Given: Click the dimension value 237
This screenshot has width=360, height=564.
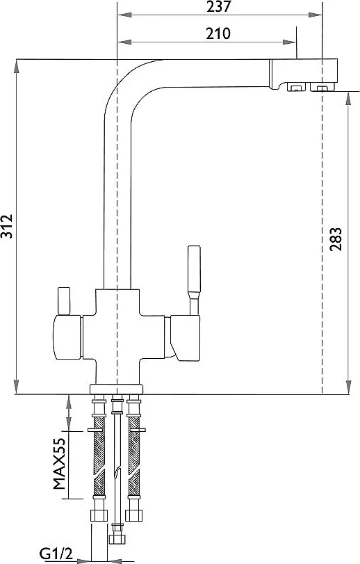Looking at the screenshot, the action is point(219,6).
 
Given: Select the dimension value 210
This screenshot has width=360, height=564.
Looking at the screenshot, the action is point(218,33).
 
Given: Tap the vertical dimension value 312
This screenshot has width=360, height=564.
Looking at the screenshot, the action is point(7,226).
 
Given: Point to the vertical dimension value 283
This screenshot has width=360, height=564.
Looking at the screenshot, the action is point(336,239).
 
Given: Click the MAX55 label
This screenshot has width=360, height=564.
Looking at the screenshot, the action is point(59,463).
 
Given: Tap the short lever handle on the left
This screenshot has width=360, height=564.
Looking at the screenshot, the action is point(64,300).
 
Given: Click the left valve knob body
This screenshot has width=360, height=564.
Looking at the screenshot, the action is point(67,337).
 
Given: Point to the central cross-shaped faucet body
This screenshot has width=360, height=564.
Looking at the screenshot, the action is point(117,336).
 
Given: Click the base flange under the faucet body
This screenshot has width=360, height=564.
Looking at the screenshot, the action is point(116,389).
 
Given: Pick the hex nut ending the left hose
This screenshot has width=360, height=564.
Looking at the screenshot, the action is point(99,515).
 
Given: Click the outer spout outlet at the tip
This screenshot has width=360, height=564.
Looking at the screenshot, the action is point(322,87).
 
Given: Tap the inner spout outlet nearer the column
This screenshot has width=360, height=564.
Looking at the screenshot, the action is point(296,87).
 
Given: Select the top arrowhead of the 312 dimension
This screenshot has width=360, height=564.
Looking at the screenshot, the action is point(17,66).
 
